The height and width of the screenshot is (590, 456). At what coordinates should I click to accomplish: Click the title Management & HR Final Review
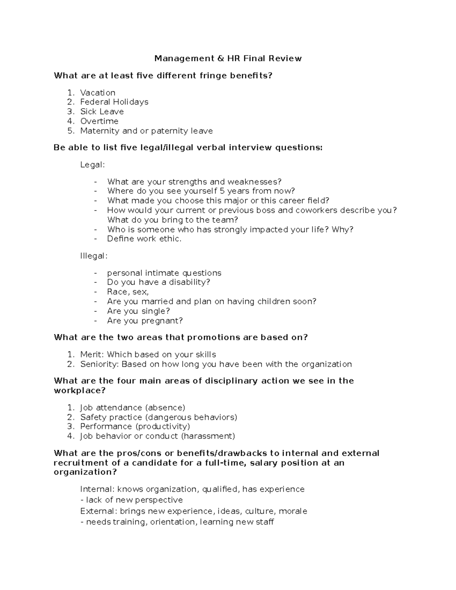tap(228, 59)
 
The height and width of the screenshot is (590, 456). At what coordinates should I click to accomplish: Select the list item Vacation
tap(98, 93)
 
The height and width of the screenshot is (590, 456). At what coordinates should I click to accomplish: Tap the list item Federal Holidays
tap(114, 102)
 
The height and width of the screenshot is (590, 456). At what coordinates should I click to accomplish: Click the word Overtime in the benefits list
tap(99, 121)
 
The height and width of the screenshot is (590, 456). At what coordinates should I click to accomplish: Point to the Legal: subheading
tap(92, 165)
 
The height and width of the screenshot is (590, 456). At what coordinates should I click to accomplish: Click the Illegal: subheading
tap(94, 256)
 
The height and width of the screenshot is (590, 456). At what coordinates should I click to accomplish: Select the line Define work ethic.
tap(144, 239)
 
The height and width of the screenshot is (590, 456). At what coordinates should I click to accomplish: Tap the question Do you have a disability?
tap(158, 282)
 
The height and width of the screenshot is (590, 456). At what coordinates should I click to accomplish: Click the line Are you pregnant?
tap(145, 321)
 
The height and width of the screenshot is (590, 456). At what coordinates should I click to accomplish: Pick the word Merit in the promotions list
tap(91, 354)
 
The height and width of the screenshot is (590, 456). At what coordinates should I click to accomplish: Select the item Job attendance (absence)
tap(133, 408)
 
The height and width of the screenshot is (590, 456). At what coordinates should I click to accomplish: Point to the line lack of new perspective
tap(132, 500)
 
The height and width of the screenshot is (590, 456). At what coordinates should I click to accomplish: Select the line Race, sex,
tap(128, 292)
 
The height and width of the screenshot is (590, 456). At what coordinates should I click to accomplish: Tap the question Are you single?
tap(138, 311)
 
